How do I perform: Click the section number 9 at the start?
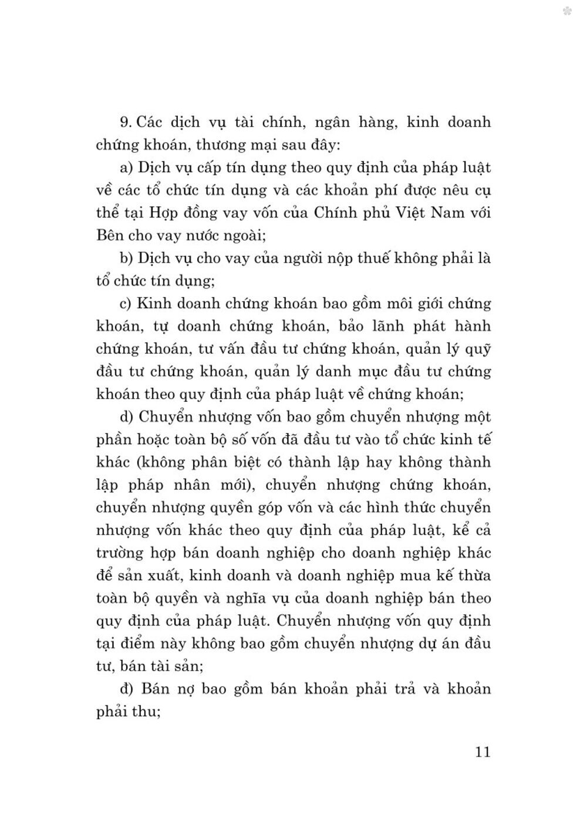(124, 122)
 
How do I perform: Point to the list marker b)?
(127, 258)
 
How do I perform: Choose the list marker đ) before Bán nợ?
(127, 689)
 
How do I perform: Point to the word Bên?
(109, 236)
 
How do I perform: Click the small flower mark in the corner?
(567, 11)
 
